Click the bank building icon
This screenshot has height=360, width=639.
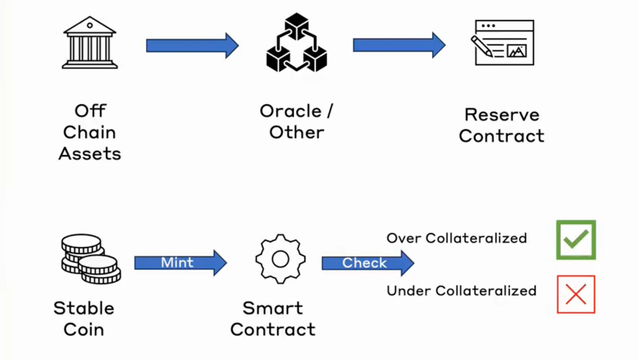pos(90,43)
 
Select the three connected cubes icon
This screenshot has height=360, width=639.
pos(297,43)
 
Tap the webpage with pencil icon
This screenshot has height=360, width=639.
pos(504,43)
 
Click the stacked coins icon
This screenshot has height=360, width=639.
pos(91,259)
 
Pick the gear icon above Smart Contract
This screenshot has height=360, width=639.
pos(281,259)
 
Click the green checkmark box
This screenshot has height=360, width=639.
pos(576,240)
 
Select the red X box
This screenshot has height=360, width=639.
pos(576,294)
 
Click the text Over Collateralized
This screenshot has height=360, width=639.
pos(456,238)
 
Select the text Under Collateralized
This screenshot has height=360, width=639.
pos(461,291)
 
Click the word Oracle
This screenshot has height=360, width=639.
pos(291,111)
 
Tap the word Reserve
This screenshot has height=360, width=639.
pos(502,115)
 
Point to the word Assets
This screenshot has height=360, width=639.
pos(90,154)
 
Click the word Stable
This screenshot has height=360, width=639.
pos(84,308)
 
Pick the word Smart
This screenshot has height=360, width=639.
pos(273,308)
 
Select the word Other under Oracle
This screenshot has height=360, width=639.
pos(297,132)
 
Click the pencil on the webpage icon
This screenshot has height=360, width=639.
pos(482,46)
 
